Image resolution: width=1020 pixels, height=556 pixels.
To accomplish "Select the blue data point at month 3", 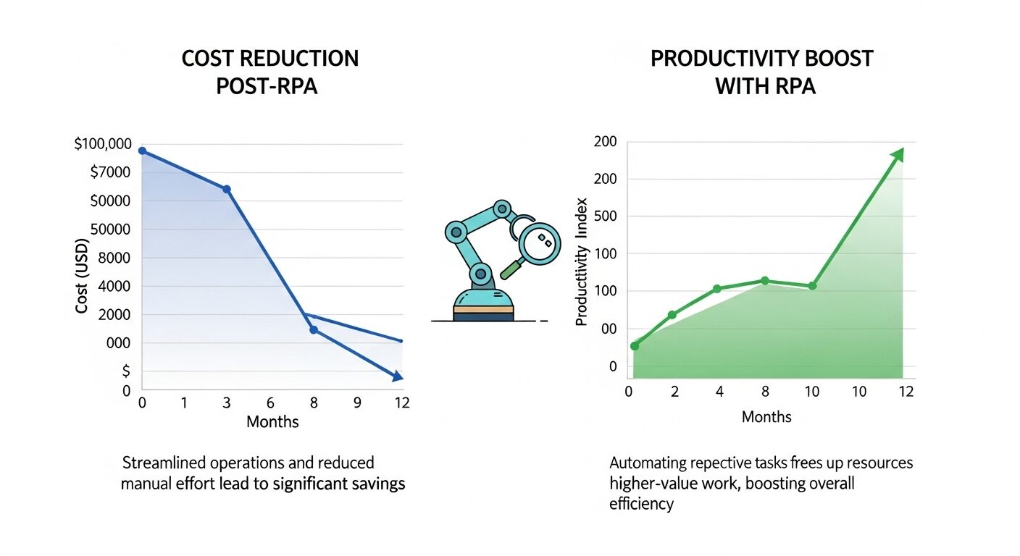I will pyautogui.click(x=226, y=189).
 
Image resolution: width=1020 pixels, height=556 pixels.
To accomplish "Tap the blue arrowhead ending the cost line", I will pyautogui.click(x=397, y=376).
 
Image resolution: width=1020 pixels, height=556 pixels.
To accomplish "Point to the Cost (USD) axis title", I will pyautogui.click(x=81, y=276).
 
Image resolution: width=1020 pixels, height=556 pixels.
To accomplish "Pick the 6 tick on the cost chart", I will pyautogui.click(x=270, y=403).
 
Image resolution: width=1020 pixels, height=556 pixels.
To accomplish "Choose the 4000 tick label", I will pyautogui.click(x=114, y=287).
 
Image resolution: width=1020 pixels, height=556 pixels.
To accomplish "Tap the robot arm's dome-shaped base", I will pyautogui.click(x=483, y=298).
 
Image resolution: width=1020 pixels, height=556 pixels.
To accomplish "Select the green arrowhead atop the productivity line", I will pyautogui.click(x=898, y=154).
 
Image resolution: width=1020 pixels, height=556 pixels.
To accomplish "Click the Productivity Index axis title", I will pyautogui.click(x=582, y=261).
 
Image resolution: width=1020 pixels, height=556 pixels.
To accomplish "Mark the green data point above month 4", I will pyautogui.click(x=716, y=289).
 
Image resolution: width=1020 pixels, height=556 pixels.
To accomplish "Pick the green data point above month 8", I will pyautogui.click(x=764, y=280).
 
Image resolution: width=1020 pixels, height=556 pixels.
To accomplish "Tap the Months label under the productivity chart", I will pyautogui.click(x=766, y=417).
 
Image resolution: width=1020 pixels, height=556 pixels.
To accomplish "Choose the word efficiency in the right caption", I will pyautogui.click(x=641, y=504).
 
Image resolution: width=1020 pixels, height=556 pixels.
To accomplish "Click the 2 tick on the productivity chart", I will pyautogui.click(x=674, y=392).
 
